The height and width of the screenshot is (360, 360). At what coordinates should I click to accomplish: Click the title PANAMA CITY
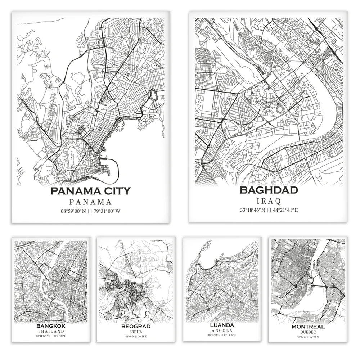click(90, 191)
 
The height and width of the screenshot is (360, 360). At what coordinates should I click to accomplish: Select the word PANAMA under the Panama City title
click(90, 202)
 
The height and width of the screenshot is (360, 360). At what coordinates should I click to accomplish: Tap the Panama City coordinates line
click(90, 211)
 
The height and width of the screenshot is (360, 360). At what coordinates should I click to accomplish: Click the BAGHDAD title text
click(269, 190)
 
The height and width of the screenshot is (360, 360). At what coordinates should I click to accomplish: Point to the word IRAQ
click(269, 201)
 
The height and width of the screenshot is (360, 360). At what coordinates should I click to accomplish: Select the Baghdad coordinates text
click(269, 210)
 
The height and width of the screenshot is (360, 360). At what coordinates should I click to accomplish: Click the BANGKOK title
click(51, 326)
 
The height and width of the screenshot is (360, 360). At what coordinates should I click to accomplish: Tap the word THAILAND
click(51, 331)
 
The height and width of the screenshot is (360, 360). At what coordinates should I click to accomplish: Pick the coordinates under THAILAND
click(51, 336)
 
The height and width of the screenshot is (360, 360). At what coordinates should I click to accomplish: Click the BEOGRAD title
click(136, 327)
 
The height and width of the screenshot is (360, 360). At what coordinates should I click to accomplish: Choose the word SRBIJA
click(136, 332)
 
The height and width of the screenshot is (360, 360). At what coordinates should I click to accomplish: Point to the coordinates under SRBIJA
click(136, 337)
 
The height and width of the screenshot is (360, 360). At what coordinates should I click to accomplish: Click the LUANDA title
click(222, 325)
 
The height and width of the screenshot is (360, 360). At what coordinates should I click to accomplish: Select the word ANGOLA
click(222, 330)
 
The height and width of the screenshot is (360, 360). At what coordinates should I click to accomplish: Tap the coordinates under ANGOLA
click(222, 335)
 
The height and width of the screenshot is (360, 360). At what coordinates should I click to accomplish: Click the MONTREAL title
click(309, 327)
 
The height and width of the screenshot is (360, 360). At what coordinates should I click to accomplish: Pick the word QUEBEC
click(309, 332)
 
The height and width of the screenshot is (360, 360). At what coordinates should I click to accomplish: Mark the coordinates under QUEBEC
click(309, 337)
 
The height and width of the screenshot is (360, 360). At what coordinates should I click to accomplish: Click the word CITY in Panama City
click(114, 191)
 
